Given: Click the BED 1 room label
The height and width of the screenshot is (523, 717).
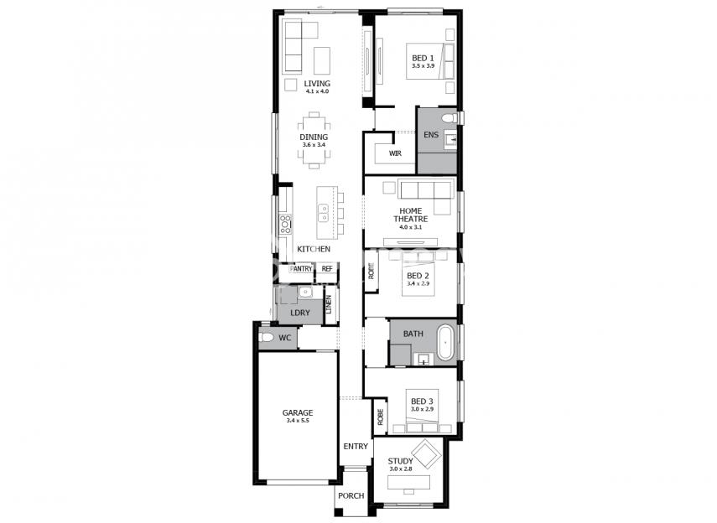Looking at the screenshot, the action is tap(423, 58).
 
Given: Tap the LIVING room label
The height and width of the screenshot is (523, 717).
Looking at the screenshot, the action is tap(317, 84).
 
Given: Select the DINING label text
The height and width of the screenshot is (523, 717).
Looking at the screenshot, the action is tap(314, 137).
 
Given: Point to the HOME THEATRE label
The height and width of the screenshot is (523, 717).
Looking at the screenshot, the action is tap(411, 215).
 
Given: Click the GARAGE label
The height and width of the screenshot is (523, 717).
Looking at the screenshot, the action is tap(298, 413).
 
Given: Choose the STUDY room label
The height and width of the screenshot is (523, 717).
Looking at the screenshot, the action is tap(401, 461).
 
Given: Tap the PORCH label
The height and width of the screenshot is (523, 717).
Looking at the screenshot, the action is tap(351, 495).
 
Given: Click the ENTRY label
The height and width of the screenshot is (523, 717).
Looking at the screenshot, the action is tap(356, 446).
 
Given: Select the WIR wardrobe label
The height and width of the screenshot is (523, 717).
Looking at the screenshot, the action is tap(395, 153).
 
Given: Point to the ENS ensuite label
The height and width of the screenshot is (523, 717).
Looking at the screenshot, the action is tap(431, 135).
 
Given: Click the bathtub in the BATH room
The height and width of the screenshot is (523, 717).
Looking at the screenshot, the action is tap(446, 343).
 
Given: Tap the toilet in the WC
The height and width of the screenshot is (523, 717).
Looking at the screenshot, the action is tap(267, 338).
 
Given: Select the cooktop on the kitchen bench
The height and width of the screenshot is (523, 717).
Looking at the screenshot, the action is tap(286, 224).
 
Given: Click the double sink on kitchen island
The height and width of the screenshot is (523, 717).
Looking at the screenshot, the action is tap(323, 213).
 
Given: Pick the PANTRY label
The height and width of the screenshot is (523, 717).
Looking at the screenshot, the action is tap(301, 269).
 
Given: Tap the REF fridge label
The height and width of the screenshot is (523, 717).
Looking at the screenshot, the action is tap(327, 269).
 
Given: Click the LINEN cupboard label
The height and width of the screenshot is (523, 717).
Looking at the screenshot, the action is tap(329, 304).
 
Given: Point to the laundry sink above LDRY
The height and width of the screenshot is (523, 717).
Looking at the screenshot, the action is tap(304, 293).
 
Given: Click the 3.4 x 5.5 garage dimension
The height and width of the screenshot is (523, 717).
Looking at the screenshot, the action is tap(298, 421).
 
